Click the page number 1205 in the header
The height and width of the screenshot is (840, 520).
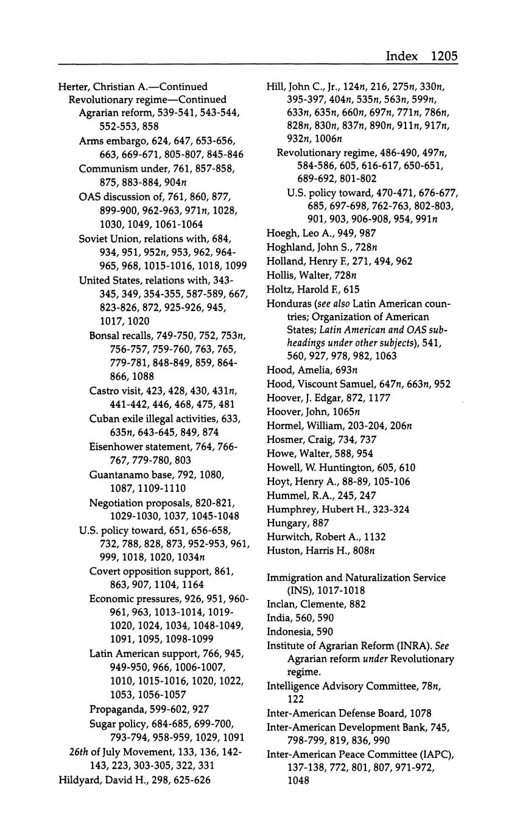443,56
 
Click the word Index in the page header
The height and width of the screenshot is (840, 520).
402,56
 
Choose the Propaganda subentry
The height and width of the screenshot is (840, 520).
116,709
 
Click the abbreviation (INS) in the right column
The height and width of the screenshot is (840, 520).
301,590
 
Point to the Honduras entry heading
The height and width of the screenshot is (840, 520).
289,303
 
